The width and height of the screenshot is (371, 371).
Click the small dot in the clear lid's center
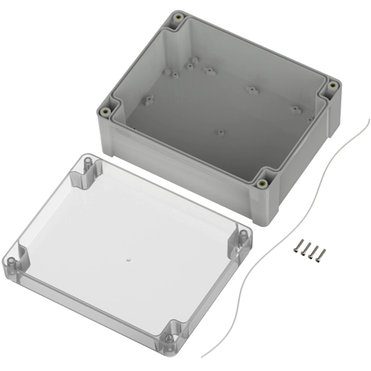128,260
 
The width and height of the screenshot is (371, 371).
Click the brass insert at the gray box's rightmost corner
332,88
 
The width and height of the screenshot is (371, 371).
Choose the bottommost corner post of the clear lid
171,332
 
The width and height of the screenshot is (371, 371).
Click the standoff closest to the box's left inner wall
148,96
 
